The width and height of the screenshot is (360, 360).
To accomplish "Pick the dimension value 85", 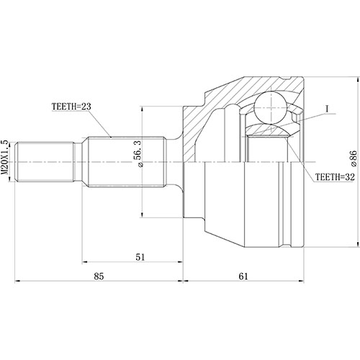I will pos(99,276).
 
